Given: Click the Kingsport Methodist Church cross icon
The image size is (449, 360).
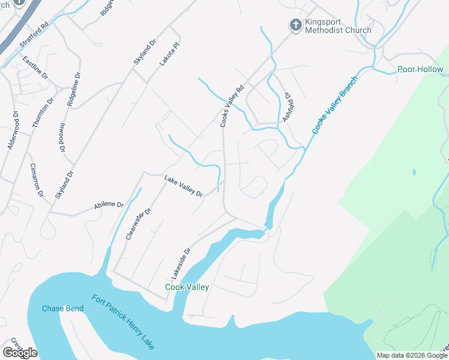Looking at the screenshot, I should [295, 25].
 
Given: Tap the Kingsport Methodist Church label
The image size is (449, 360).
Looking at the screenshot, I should [338, 26].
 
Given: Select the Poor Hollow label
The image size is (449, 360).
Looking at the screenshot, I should [420, 70].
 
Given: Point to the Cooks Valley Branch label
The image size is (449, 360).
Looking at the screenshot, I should [335, 105].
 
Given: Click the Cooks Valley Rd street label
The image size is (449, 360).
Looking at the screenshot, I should [232, 106].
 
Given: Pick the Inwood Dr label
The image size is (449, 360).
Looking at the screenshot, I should [62, 137].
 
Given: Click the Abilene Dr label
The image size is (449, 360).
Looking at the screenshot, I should [108, 205].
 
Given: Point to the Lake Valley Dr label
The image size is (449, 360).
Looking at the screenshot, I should [184, 186].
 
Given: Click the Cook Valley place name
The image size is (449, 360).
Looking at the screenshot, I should [187, 287].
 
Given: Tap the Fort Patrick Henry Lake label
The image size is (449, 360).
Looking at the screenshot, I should [123, 322].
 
